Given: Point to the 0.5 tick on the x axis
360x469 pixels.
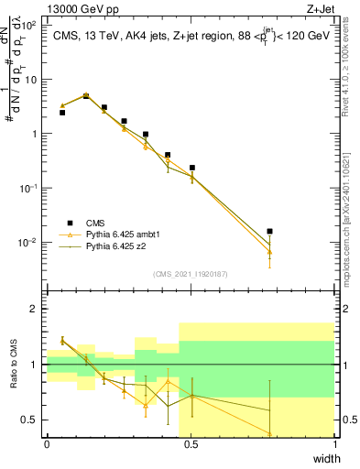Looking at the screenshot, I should [x=191, y=443].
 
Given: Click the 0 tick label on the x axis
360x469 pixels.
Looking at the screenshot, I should [x=47, y=443].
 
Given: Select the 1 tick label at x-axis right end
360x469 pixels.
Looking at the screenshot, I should [x=335, y=443].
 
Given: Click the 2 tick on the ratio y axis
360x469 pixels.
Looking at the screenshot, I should [x=36, y=310].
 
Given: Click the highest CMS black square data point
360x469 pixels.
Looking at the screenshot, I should [x=86, y=95].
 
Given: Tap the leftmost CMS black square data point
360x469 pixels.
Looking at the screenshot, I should [x=62, y=113].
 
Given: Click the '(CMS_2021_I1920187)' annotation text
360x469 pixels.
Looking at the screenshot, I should [x=191, y=273].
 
